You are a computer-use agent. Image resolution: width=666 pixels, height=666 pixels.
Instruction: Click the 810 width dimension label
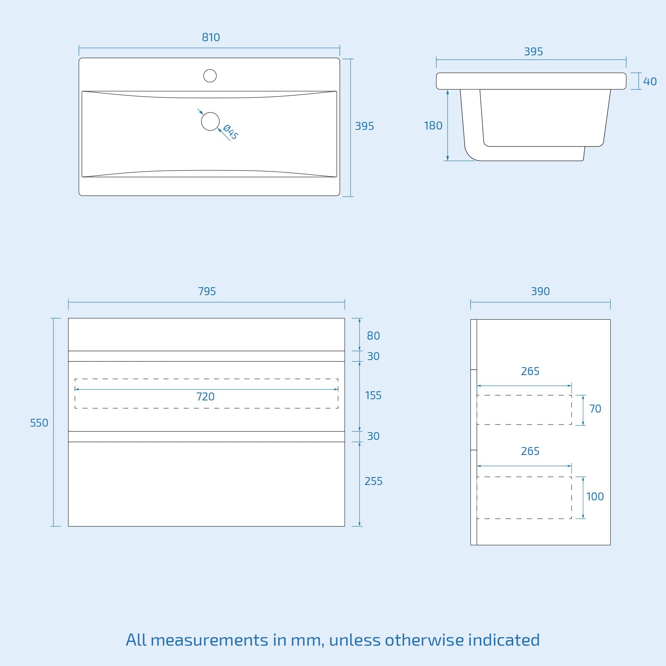211,37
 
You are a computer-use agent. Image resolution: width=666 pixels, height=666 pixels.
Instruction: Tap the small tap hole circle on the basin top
210,76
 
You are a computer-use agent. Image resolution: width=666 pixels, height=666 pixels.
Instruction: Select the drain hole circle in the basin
210,121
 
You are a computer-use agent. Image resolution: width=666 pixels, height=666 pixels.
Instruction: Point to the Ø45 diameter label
231,132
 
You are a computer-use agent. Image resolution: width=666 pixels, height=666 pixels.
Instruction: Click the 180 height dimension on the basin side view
433,126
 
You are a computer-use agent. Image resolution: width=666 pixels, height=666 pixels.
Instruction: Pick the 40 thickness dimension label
650,82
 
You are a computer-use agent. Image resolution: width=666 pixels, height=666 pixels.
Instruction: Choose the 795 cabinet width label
207,291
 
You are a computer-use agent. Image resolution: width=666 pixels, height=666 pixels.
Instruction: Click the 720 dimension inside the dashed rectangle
206,397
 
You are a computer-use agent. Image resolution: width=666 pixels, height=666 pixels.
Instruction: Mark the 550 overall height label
39,423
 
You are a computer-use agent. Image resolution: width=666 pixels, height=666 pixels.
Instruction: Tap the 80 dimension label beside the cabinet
373,336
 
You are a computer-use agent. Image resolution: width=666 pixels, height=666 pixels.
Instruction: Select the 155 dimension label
373,395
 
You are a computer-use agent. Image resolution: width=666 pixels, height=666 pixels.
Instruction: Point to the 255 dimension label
373,481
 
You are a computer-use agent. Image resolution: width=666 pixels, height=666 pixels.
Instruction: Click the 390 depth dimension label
540,291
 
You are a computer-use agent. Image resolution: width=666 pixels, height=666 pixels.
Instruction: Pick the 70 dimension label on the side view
595,409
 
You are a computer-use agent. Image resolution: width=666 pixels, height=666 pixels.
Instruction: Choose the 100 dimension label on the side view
595,497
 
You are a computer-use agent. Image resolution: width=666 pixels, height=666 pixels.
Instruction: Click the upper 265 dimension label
530,371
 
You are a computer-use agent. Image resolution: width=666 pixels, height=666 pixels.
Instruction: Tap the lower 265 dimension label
530,451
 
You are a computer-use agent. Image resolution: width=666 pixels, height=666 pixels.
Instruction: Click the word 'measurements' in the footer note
209,640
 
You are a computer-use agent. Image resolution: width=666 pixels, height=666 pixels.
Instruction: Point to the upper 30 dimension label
373,356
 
